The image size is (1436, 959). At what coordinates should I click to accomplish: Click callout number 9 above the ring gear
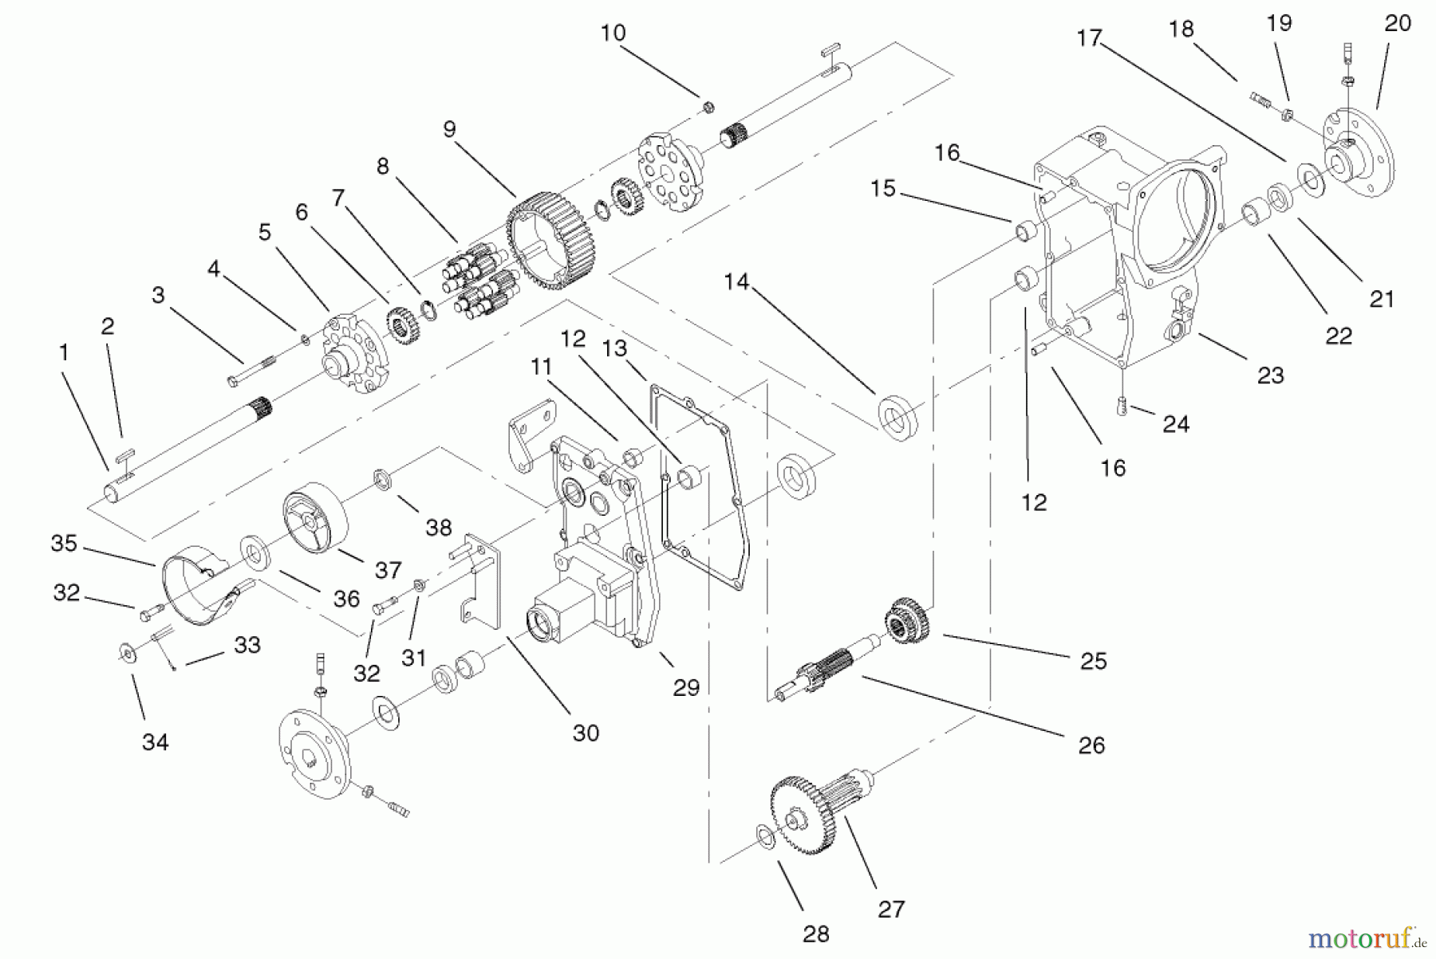[x=449, y=129]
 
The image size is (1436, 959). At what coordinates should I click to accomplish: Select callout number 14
[x=736, y=281]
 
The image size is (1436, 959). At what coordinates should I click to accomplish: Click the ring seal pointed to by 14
[x=897, y=417]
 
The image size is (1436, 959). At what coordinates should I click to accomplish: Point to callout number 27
[x=891, y=909]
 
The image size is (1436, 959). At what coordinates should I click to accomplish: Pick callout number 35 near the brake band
[x=64, y=544]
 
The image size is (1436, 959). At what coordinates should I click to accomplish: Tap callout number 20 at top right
[x=1397, y=24]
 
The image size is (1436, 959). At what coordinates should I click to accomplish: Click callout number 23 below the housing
[x=1270, y=375]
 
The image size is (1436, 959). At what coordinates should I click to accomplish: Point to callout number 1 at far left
[x=64, y=352]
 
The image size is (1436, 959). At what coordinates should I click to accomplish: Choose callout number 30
[x=586, y=733]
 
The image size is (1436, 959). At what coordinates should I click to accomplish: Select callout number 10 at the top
[x=613, y=33]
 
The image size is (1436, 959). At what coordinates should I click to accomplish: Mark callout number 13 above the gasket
[x=614, y=349]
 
